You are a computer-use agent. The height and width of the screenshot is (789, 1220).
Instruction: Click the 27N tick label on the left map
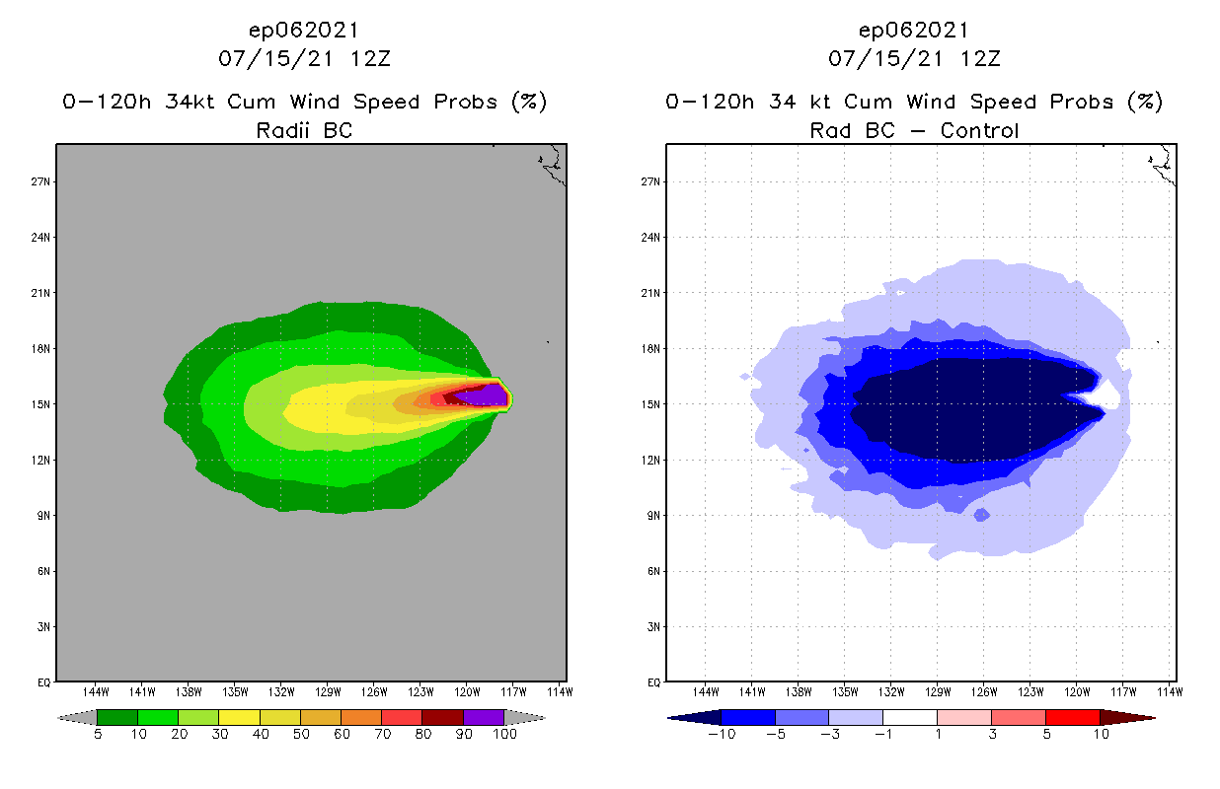pyautogui.click(x=43, y=181)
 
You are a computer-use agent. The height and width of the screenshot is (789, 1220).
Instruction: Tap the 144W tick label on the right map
pyautogui.click(x=706, y=691)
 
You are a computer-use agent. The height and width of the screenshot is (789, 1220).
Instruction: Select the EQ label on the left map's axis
pyautogui.click(x=44, y=681)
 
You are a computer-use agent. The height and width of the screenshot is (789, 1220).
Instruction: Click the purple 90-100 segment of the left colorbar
pyautogui.click(x=484, y=717)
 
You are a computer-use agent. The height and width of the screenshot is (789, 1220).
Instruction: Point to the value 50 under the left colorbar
pyautogui.click(x=301, y=735)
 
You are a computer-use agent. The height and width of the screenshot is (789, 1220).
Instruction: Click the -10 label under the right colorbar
pyautogui.click(x=721, y=735)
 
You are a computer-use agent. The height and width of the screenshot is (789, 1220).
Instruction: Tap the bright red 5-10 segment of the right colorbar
pyautogui.click(x=1072, y=717)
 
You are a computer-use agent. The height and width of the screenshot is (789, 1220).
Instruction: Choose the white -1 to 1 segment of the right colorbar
pyautogui.click(x=909, y=717)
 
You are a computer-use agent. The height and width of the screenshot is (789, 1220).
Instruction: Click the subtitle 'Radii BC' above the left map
pyautogui.click(x=304, y=130)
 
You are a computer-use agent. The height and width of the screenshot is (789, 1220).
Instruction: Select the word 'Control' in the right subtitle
pyautogui.click(x=979, y=130)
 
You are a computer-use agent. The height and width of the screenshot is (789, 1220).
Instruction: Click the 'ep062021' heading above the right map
pyautogui.click(x=914, y=30)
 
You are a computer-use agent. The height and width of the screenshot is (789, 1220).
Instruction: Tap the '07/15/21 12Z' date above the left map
pyautogui.click(x=304, y=58)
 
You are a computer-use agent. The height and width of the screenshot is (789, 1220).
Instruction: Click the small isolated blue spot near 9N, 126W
pyautogui.click(x=981, y=515)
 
